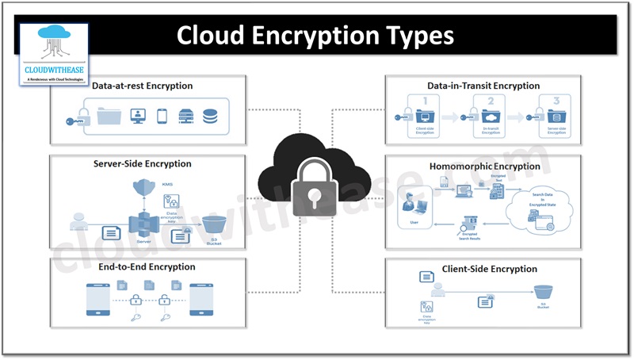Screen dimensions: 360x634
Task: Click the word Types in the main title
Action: (x=415, y=36)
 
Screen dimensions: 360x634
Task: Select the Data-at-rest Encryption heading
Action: (x=142, y=86)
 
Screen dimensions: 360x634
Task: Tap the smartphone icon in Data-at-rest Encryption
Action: (x=162, y=117)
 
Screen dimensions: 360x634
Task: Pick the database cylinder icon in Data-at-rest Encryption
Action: (x=210, y=117)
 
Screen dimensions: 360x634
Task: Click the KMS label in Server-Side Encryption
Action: (x=167, y=185)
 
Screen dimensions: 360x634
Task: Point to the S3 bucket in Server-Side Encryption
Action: (x=212, y=225)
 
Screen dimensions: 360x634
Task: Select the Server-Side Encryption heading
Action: (x=142, y=164)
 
